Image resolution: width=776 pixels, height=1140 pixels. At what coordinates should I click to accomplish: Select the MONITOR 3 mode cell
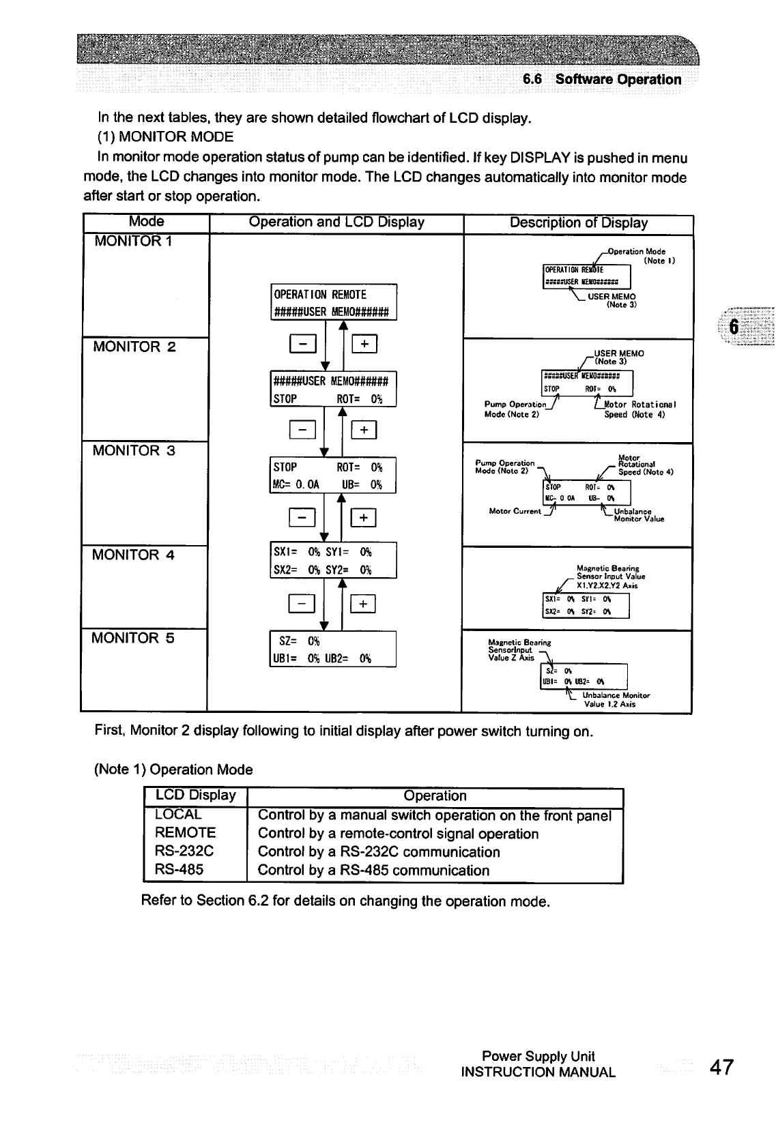tap(134, 451)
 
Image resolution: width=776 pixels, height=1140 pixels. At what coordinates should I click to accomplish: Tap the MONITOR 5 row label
tap(134, 639)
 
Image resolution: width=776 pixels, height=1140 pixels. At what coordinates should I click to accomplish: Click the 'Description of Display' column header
tap(579, 223)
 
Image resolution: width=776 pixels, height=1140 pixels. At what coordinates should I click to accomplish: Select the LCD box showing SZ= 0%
tap(333, 649)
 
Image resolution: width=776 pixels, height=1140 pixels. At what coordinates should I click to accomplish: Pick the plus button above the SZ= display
tap(364, 604)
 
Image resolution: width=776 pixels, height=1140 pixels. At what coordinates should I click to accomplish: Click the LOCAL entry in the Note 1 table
tap(178, 815)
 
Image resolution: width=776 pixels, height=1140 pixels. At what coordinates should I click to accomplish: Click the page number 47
tap(721, 1067)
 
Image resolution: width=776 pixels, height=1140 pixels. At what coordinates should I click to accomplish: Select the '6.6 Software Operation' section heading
tap(602, 79)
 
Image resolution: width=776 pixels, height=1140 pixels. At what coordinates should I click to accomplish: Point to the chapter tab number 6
tap(734, 326)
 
